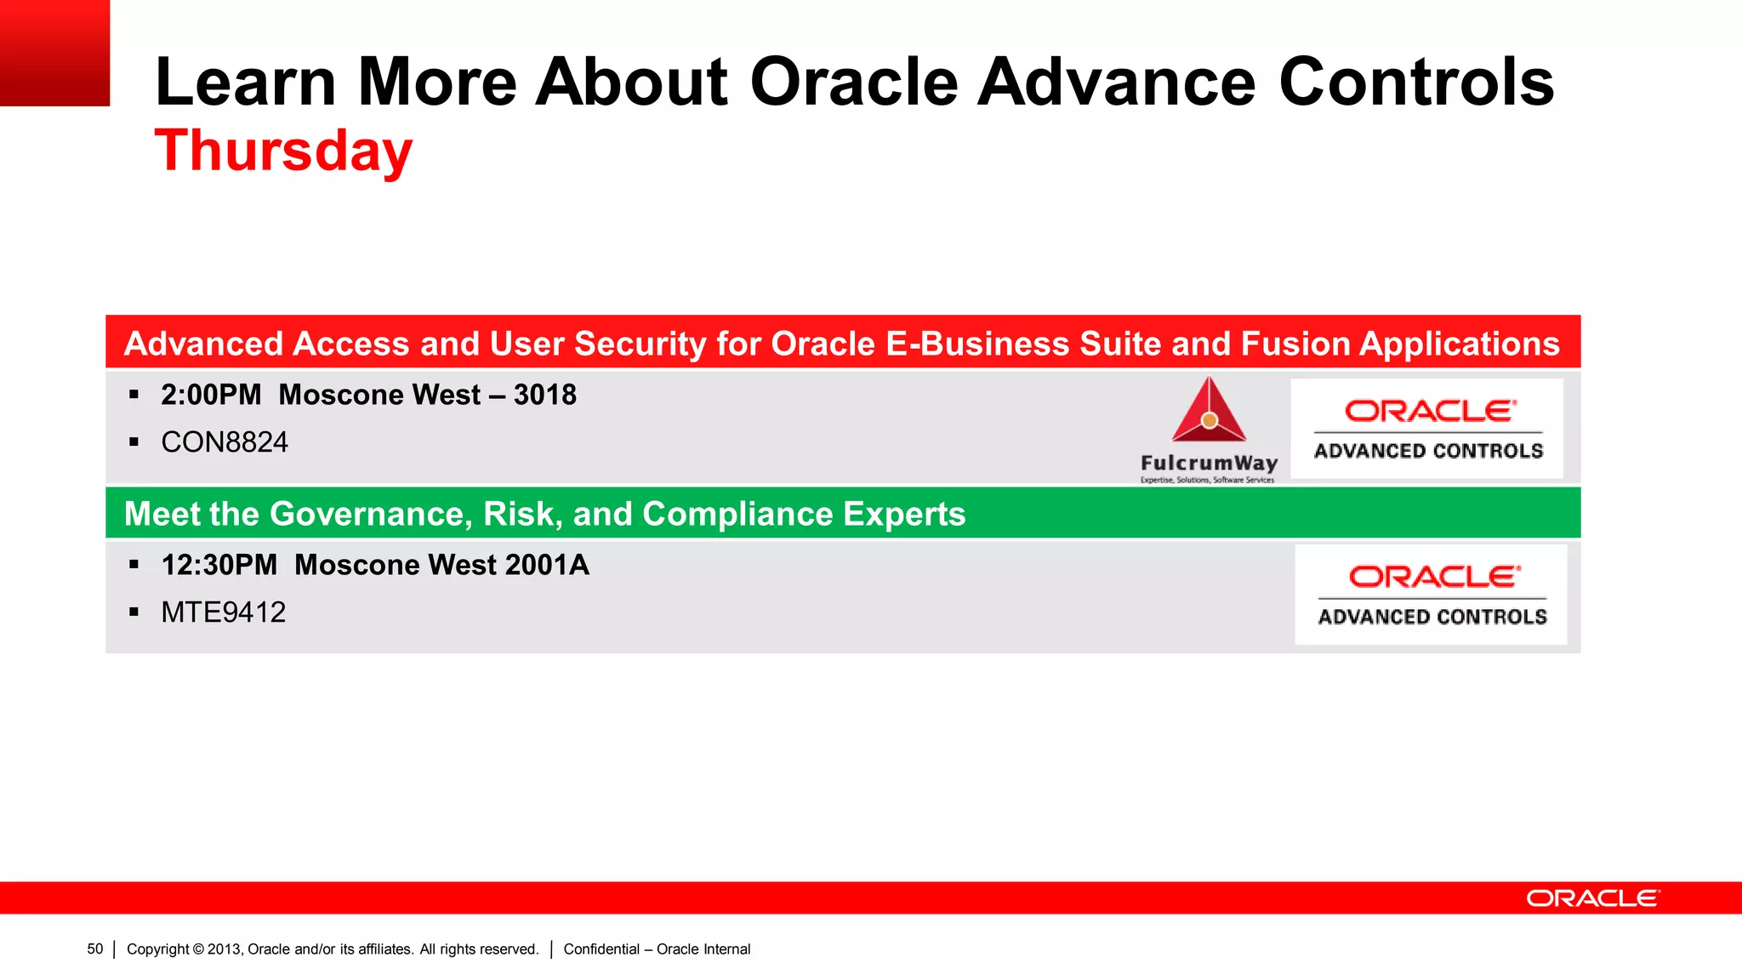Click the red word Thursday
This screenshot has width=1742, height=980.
pyautogui.click(x=283, y=151)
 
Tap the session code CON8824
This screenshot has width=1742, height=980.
pyautogui.click(x=225, y=442)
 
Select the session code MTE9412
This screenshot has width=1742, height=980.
pyautogui.click(x=224, y=612)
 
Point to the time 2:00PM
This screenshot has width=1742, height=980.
pyautogui.click(x=211, y=395)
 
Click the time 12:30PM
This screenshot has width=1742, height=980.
pyautogui.click(x=219, y=565)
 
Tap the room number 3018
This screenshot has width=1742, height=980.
pyautogui.click(x=544, y=395)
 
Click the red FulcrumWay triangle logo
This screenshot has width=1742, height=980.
pyautogui.click(x=1209, y=412)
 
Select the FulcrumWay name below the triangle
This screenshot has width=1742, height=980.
pyautogui.click(x=1209, y=463)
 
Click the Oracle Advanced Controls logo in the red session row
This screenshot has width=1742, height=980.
pyautogui.click(x=1427, y=429)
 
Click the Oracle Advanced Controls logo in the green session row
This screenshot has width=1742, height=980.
pyautogui.click(x=1432, y=595)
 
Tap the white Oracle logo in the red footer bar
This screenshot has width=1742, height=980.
pyautogui.click(x=1591, y=898)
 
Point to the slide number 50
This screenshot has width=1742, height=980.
pyautogui.click(x=94, y=949)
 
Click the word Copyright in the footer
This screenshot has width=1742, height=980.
pyautogui.click(x=158, y=949)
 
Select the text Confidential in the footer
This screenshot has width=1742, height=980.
pyautogui.click(x=601, y=949)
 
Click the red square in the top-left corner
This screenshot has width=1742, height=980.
pyautogui.click(x=54, y=53)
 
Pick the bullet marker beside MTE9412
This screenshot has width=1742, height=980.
pyautogui.click(x=134, y=612)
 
